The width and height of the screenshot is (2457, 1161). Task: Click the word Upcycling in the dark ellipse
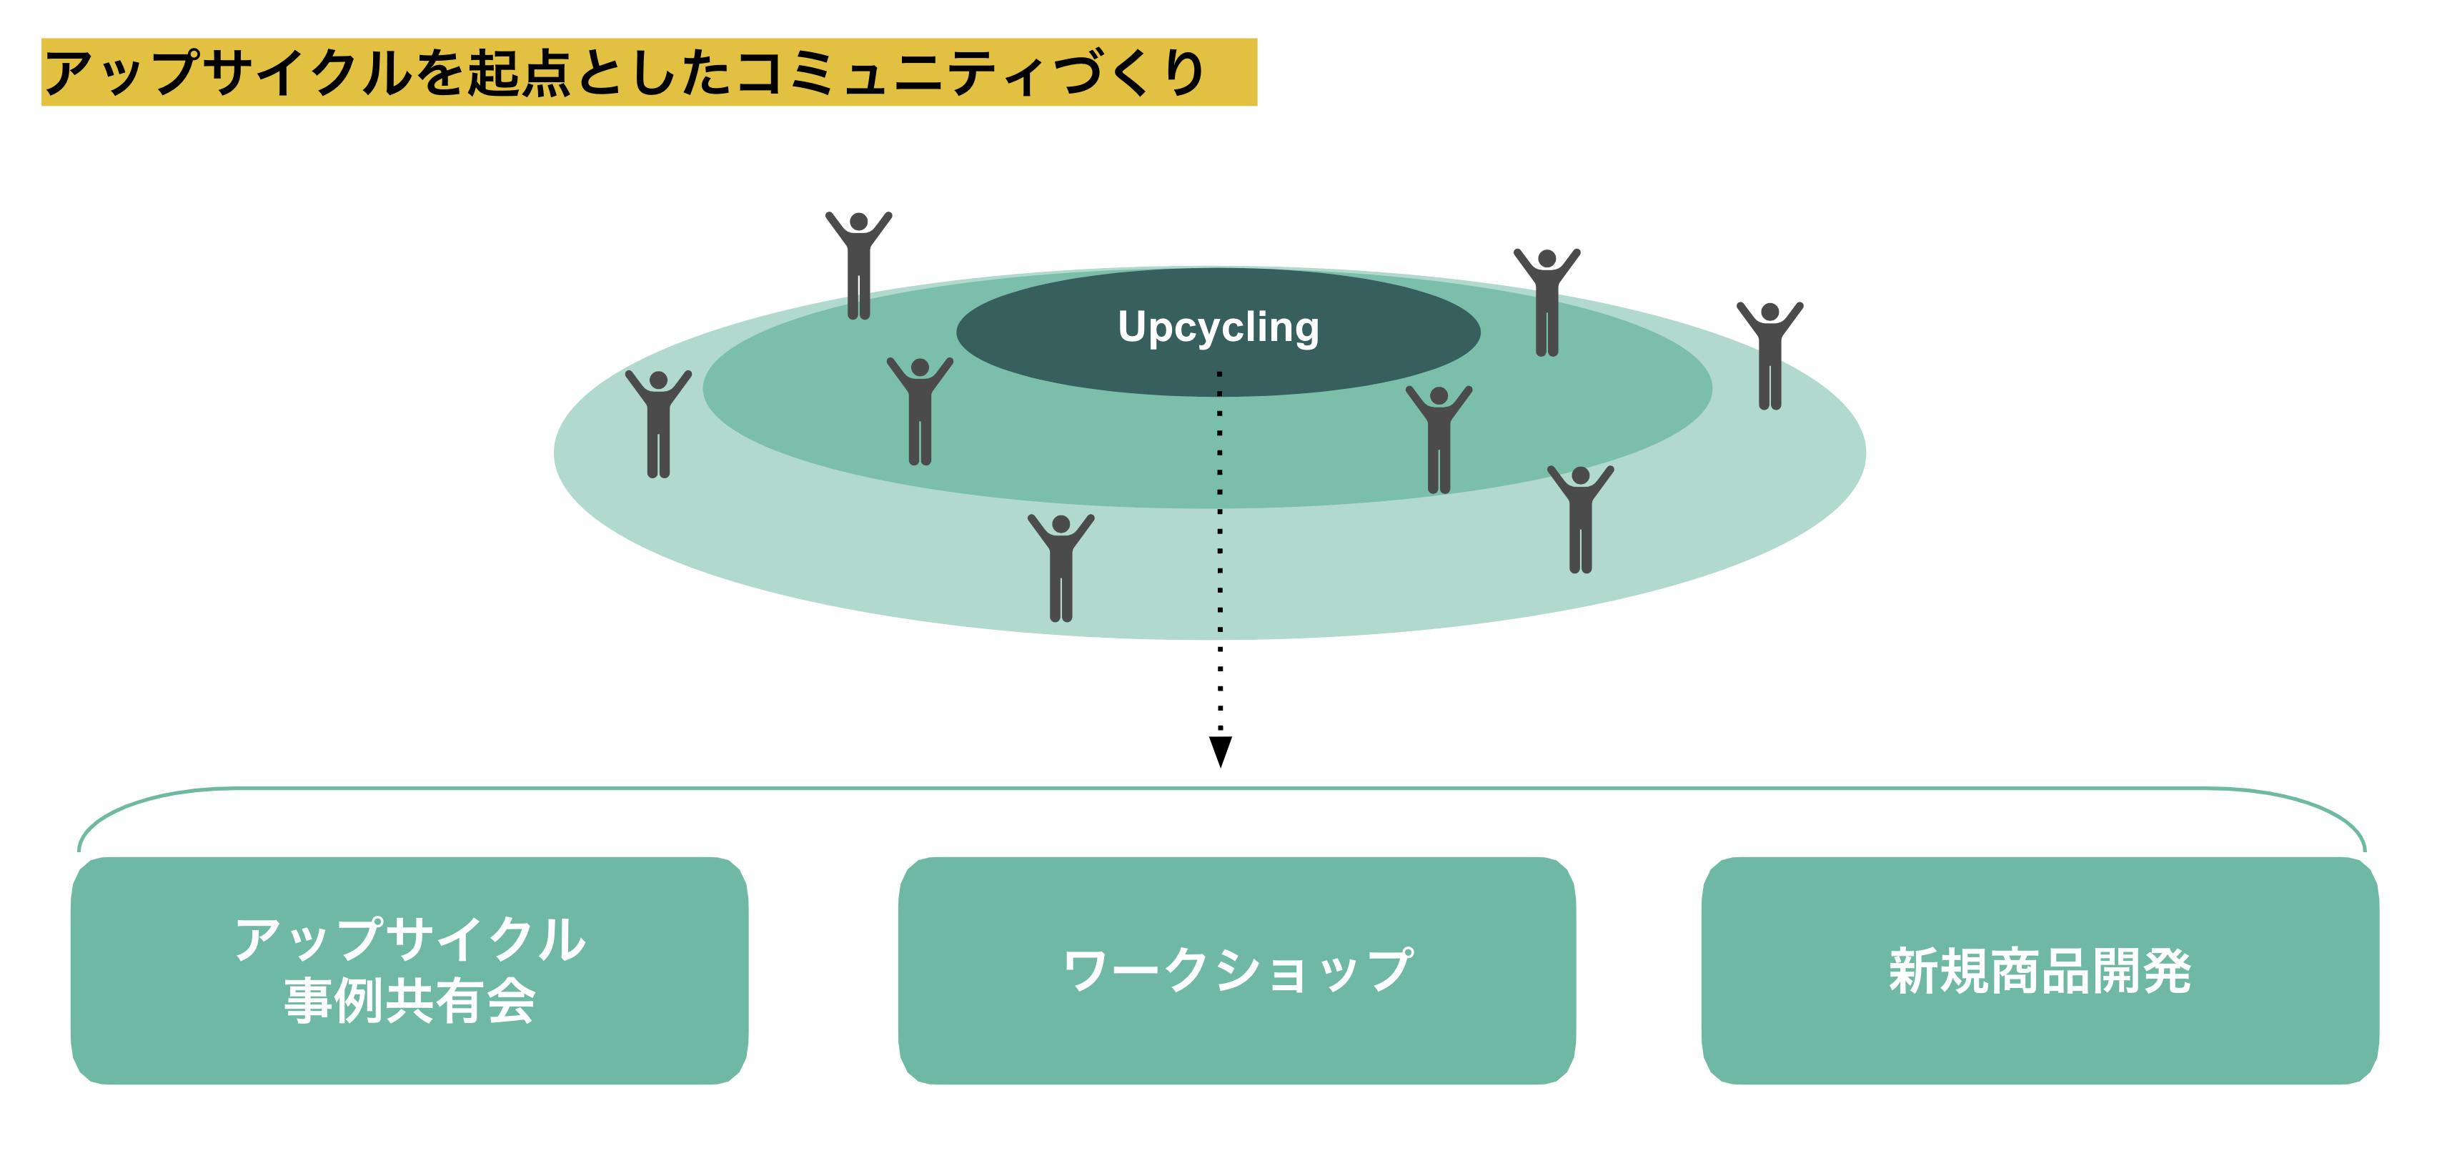1218,327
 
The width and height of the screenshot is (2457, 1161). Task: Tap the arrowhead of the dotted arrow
1220,751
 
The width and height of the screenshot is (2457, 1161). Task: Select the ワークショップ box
1236,969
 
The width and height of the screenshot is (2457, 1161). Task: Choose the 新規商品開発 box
2039,970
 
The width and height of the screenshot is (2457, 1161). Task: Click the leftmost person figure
658,425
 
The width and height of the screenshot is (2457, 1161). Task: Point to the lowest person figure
1061,568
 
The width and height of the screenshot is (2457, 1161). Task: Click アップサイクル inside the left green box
410,939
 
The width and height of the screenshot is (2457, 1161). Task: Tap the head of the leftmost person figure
658,380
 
